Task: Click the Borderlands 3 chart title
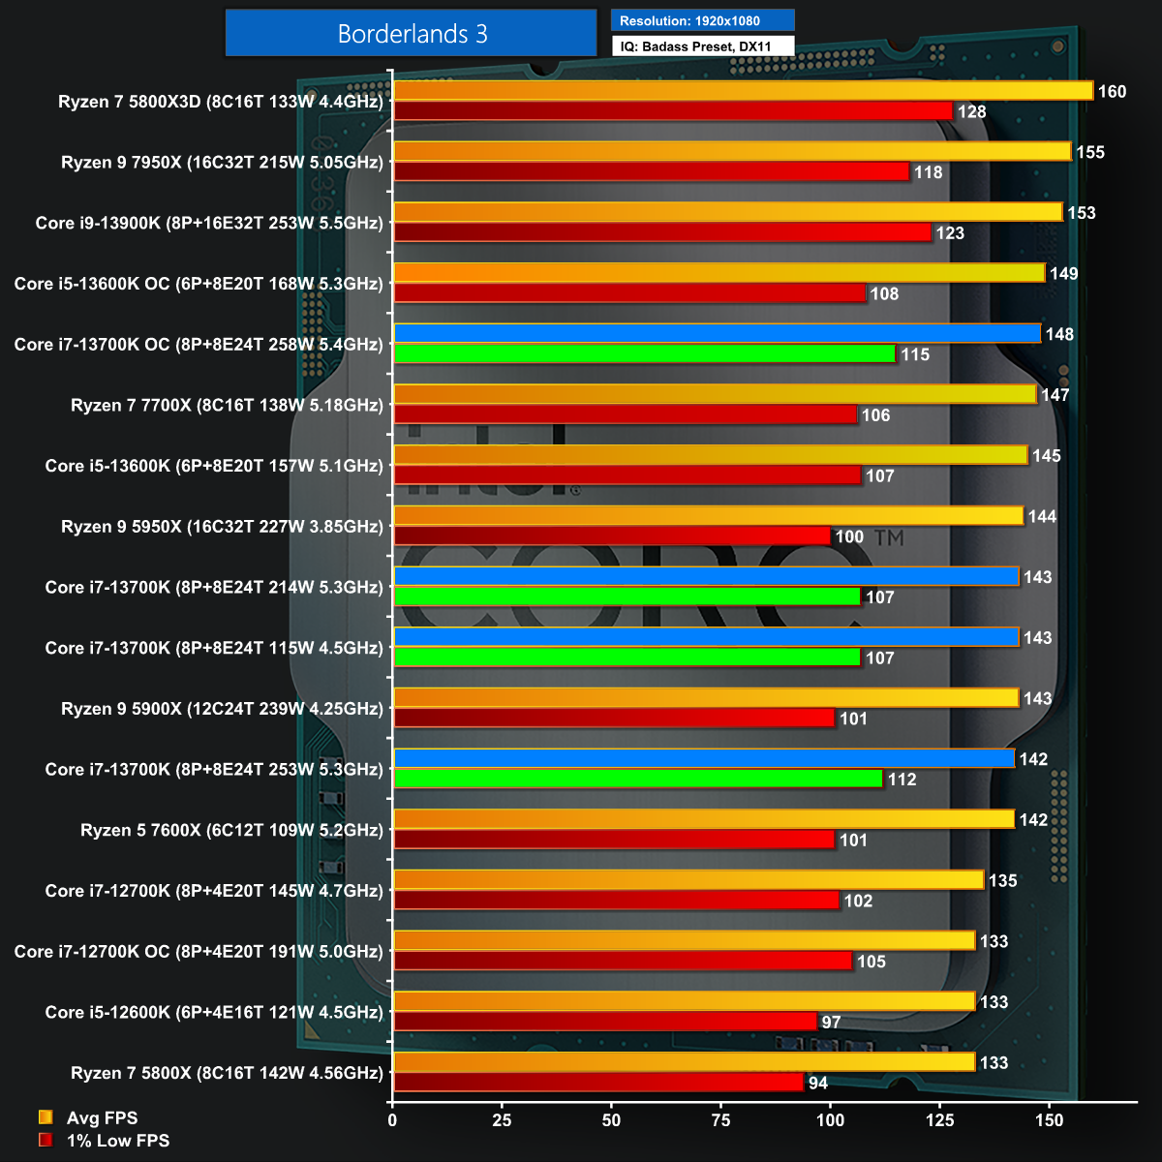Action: click(x=412, y=34)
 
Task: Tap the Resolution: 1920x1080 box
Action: click(x=702, y=20)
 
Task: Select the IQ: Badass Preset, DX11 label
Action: click(x=702, y=46)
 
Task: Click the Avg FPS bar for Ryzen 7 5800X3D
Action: click(x=743, y=91)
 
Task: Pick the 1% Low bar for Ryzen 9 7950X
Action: click(x=652, y=172)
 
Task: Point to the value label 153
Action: click(x=1082, y=213)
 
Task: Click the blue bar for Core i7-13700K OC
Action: click(x=717, y=334)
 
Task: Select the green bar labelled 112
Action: click(x=638, y=780)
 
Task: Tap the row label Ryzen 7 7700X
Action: click(x=227, y=405)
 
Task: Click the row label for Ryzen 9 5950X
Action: click(x=222, y=527)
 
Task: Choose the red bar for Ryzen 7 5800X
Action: click(x=598, y=1083)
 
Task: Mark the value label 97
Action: click(x=831, y=1023)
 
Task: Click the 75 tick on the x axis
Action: click(x=720, y=1120)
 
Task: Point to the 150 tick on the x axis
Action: click(x=1049, y=1120)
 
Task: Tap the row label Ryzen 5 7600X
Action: click(x=231, y=830)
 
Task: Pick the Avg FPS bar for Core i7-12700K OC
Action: click(x=684, y=941)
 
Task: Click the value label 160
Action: click(x=1112, y=92)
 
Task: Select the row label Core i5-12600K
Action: click(x=214, y=1012)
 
